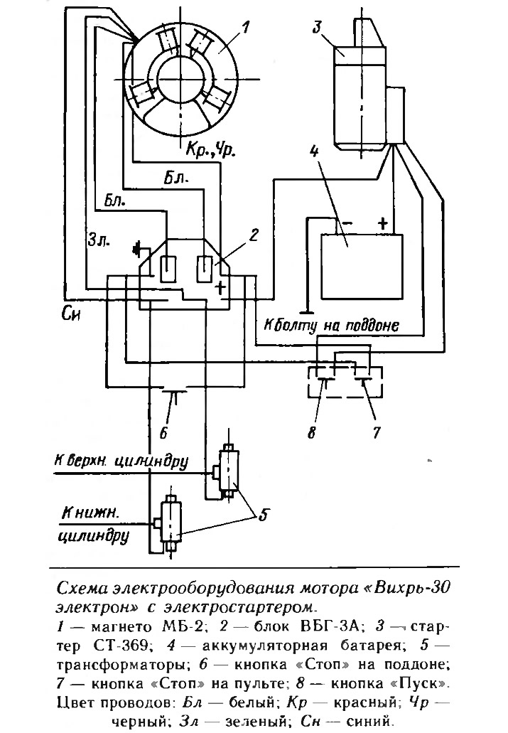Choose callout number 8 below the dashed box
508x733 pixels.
[x=310, y=432]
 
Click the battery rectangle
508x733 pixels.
[x=362, y=265]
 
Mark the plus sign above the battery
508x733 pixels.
[x=382, y=223]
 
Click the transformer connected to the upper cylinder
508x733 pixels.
[x=229, y=471]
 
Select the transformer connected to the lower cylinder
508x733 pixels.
[x=171, y=524]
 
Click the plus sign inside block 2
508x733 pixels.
[x=220, y=287]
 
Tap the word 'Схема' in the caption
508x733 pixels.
[x=82, y=589]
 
